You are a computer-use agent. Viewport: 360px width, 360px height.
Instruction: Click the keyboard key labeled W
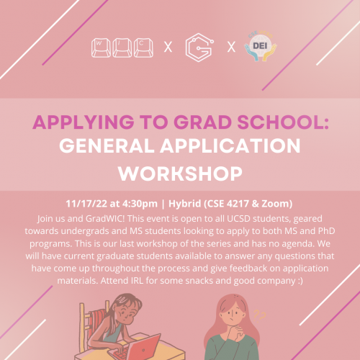(x=100, y=45)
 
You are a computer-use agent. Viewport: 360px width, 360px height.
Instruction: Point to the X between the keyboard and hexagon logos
(x=168, y=48)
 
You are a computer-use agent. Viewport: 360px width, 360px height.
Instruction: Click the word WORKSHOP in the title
(x=180, y=173)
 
